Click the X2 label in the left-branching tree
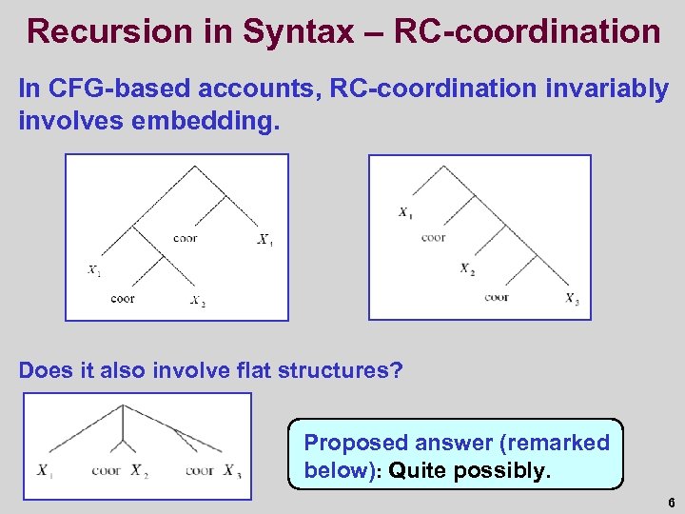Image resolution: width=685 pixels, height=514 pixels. pyautogui.click(x=197, y=302)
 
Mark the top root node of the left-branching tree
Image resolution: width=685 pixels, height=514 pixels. pyautogui.click(x=195, y=168)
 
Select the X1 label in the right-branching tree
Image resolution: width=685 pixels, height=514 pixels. pyautogui.click(x=406, y=212)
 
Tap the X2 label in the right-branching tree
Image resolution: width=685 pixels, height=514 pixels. pyautogui.click(x=467, y=269)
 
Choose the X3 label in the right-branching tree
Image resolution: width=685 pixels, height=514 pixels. pyautogui.click(x=571, y=300)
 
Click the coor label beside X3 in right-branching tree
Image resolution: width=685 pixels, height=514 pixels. pyautogui.click(x=497, y=298)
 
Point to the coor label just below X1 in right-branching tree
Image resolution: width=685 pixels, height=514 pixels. pyautogui.click(x=433, y=237)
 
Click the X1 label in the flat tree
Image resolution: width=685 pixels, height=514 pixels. pyautogui.click(x=45, y=470)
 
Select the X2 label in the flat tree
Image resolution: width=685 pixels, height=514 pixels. pyautogui.click(x=139, y=470)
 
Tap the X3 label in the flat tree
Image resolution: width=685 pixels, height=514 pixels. pyautogui.click(x=232, y=470)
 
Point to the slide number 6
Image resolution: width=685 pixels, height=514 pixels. pyautogui.click(x=670, y=502)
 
